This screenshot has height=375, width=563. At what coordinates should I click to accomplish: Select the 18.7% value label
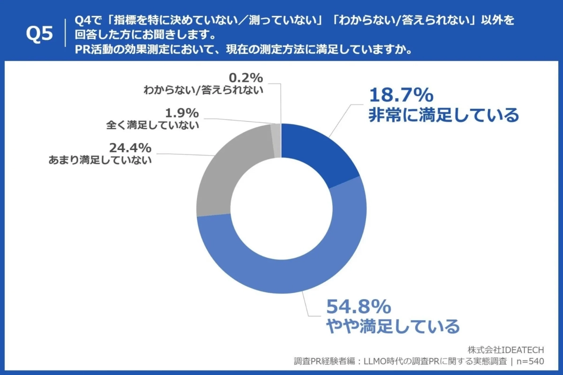tap(400, 95)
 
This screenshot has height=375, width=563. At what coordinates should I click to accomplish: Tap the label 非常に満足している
tap(443, 114)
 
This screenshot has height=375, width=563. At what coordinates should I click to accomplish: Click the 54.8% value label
tap(358, 307)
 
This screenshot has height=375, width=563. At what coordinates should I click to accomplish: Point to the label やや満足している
tap(393, 325)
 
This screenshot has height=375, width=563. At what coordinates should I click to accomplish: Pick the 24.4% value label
tap(130, 148)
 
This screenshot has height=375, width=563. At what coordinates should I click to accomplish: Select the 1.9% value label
tap(182, 113)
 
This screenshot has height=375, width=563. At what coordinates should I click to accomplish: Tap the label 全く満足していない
tap(153, 125)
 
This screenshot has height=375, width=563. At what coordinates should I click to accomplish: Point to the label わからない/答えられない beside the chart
tap(203, 90)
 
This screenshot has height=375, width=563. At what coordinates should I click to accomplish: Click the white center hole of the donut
tap(281, 209)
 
